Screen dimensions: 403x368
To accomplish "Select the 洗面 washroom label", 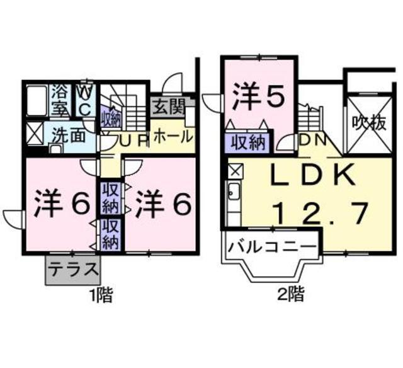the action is [x=69, y=135].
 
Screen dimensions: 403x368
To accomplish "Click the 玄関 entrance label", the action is [x=169, y=106].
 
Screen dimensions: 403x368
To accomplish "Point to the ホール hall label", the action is [x=173, y=135].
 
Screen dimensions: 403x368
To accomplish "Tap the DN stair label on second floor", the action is [x=313, y=140].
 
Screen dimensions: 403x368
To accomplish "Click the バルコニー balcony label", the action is [x=272, y=248].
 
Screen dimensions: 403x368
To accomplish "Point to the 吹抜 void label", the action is [x=369, y=124].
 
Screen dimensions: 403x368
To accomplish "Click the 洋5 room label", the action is [x=259, y=96].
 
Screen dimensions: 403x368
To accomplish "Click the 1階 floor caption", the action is [x=101, y=295].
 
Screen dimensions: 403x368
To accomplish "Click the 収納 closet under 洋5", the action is [x=247, y=142].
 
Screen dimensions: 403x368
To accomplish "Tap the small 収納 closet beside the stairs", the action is [x=111, y=117].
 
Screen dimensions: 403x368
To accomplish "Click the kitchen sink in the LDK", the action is [x=234, y=192].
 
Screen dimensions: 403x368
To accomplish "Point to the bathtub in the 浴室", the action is [x=37, y=101].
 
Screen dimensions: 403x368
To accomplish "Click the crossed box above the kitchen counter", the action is [x=236, y=171].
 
